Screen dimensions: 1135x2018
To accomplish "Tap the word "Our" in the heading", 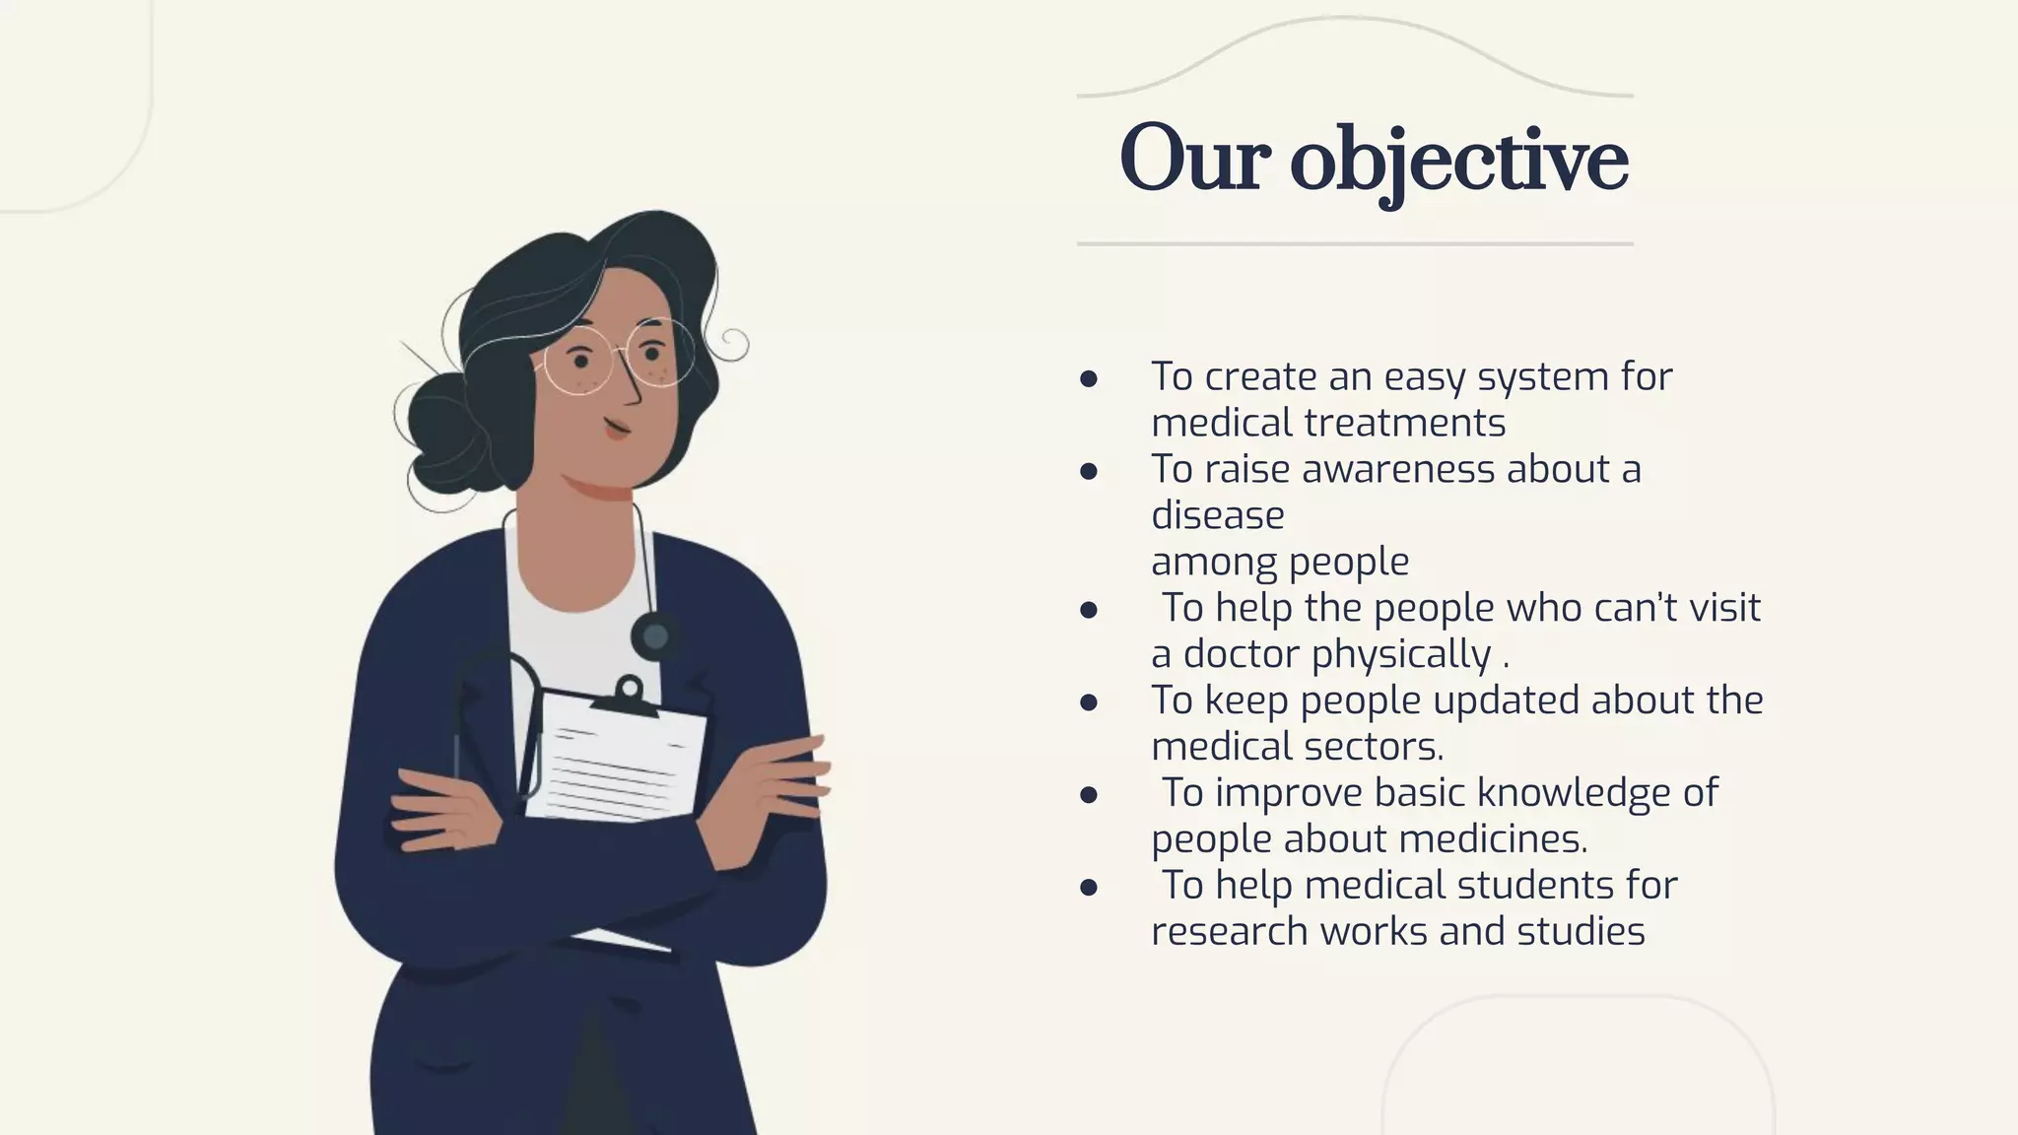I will click(1192, 160).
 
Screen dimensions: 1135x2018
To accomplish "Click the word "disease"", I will click(1217, 515).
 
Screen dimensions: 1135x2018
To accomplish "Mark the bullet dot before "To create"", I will click(1089, 379).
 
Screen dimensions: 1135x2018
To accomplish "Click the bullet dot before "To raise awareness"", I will click(1089, 472).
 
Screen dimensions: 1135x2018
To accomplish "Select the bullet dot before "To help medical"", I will click(1089, 888).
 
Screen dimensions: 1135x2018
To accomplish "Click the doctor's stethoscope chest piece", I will click(654, 637).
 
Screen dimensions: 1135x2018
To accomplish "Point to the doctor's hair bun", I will click(434, 434).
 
